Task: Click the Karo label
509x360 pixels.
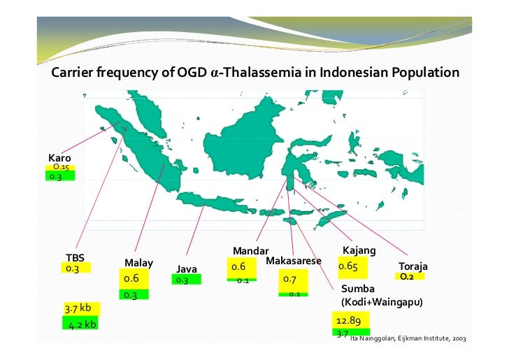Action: point(59,158)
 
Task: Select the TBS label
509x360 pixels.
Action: point(74,257)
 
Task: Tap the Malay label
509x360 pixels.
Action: point(138,263)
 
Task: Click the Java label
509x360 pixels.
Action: point(187,269)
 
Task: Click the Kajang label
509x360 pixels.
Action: point(359,250)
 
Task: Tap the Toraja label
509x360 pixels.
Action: point(413,267)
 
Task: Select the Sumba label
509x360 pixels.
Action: point(359,289)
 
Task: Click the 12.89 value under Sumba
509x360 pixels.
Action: point(348,320)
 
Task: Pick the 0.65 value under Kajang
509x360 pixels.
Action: point(348,266)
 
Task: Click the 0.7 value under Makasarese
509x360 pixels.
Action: point(290,279)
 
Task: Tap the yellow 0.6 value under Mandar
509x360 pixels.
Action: point(238,267)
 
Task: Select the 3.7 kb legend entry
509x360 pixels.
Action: point(78,308)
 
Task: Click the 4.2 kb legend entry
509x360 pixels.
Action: point(82,324)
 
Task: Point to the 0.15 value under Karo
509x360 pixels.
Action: point(60,168)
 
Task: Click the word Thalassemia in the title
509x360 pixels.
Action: point(259,73)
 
